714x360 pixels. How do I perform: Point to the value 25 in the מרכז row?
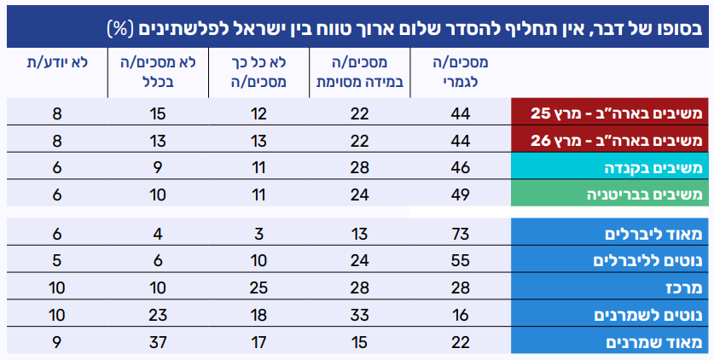(259, 287)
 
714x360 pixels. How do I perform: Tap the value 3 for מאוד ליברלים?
(259, 233)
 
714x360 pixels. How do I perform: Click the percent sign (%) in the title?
(118, 28)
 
